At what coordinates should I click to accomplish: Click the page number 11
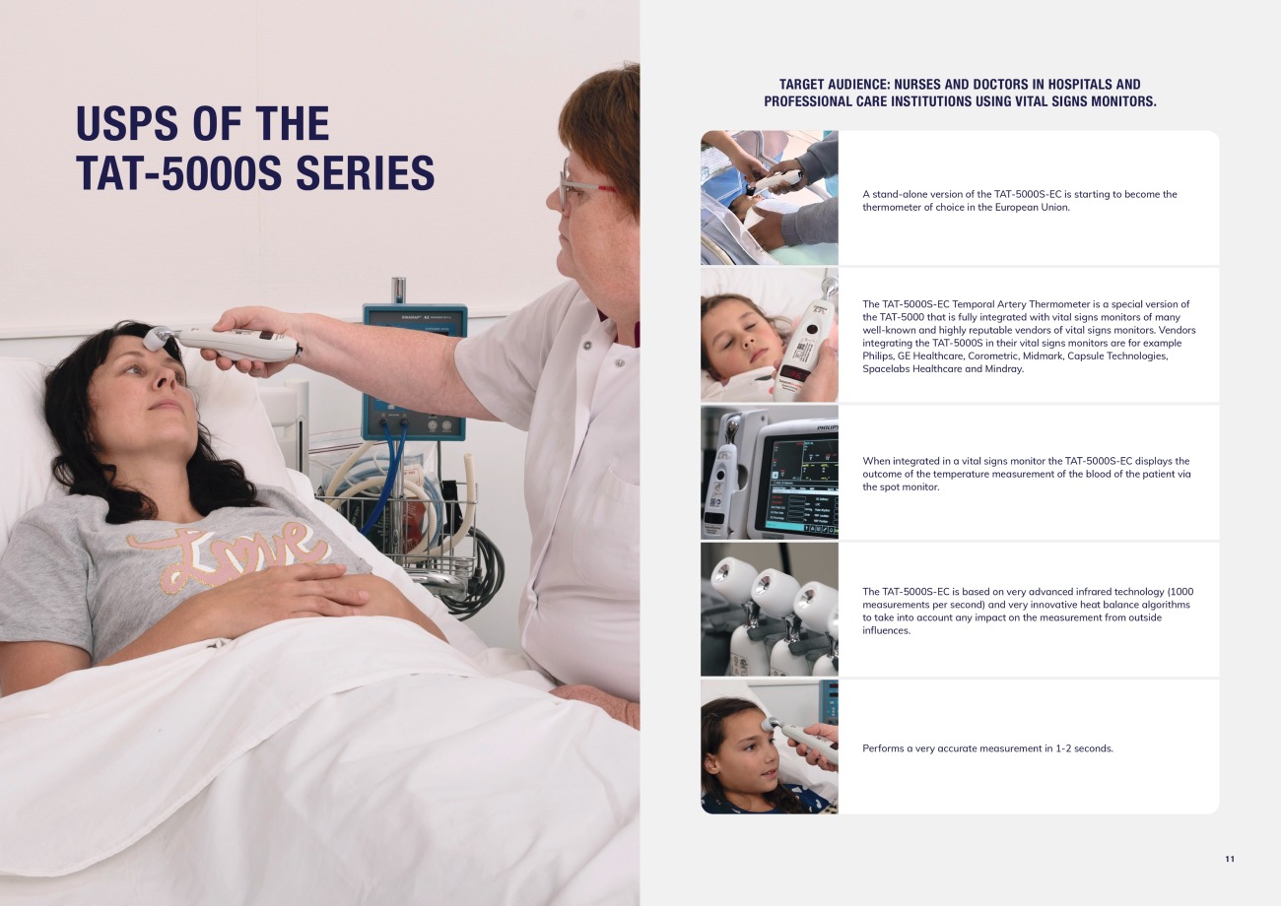tap(1230, 859)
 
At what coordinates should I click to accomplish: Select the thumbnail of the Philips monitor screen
tap(770, 472)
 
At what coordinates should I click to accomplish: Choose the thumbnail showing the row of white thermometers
tap(770, 610)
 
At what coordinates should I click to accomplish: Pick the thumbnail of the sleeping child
tap(770, 335)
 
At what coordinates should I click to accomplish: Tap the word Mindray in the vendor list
tap(1005, 369)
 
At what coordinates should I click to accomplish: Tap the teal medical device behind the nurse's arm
tap(414, 369)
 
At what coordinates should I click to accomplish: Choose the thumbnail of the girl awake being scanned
tap(770, 746)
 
